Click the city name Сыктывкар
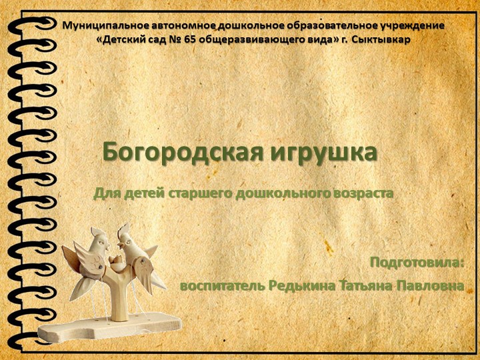pos(381,39)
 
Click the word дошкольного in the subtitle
pos(274,194)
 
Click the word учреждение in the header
pos(413,26)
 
